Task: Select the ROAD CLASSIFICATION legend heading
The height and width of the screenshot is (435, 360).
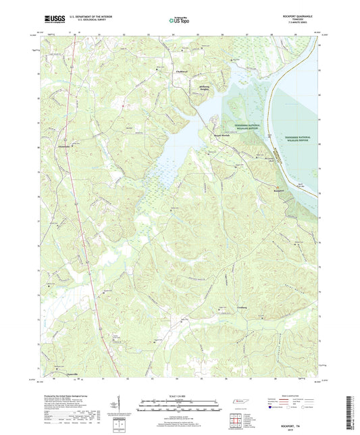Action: coord(301,398)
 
